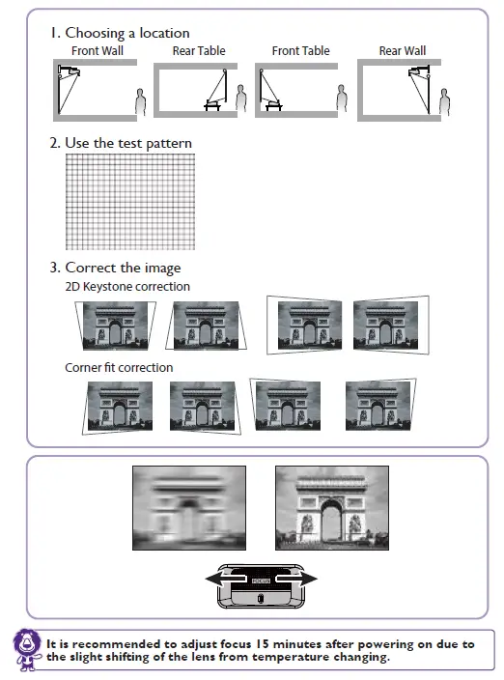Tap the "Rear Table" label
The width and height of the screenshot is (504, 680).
pyautogui.click(x=199, y=50)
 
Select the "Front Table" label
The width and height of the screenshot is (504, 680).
pyautogui.click(x=300, y=50)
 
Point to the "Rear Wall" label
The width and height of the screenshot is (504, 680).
pyautogui.click(x=402, y=50)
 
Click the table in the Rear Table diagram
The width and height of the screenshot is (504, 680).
pyautogui.click(x=211, y=105)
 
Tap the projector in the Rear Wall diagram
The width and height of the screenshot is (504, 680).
pyautogui.click(x=423, y=71)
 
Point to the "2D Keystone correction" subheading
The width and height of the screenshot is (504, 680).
pyautogui.click(x=127, y=287)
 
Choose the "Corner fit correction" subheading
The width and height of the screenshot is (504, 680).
pyautogui.click(x=119, y=367)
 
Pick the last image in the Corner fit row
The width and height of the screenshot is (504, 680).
pyautogui.click(x=378, y=404)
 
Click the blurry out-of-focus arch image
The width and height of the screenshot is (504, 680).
pyautogui.click(x=189, y=508)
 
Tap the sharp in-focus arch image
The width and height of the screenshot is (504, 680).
pyautogui.click(x=332, y=508)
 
